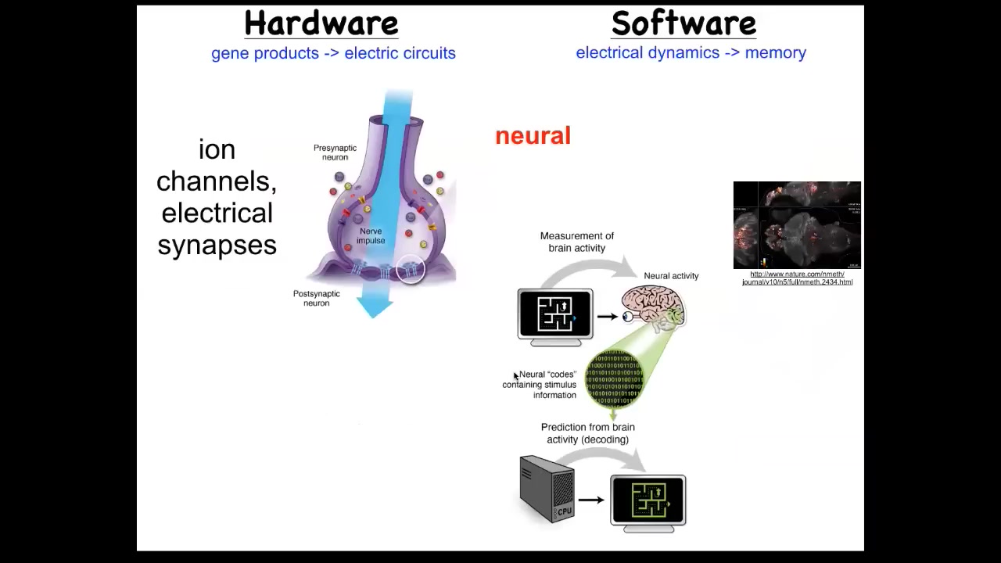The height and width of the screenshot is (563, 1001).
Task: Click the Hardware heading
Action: pyautogui.click(x=321, y=23)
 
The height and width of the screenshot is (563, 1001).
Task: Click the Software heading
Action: pyautogui.click(x=683, y=23)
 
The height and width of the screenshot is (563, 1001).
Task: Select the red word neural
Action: pyautogui.click(x=533, y=136)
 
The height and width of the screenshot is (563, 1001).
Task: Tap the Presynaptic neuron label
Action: pyautogui.click(x=335, y=152)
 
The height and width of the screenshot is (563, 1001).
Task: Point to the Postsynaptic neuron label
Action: pyautogui.click(x=316, y=298)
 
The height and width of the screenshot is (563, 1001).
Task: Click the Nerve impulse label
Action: pyautogui.click(x=371, y=236)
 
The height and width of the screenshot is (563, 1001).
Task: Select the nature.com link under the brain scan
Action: pyautogui.click(x=797, y=278)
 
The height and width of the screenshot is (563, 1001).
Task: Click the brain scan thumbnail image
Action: pyautogui.click(x=797, y=225)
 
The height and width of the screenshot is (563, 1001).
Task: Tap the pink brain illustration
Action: pyautogui.click(x=654, y=307)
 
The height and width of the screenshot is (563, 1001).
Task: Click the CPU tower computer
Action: pyautogui.click(x=547, y=489)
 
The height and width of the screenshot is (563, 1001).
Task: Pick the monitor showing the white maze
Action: pyautogui.click(x=555, y=316)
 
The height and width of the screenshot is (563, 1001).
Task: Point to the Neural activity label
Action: pyautogui.click(x=671, y=276)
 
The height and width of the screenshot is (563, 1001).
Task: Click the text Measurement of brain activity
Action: pyautogui.click(x=576, y=242)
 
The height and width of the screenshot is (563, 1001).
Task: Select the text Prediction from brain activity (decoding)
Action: pyautogui.click(x=588, y=433)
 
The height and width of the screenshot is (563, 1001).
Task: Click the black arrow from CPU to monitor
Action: pyautogui.click(x=591, y=500)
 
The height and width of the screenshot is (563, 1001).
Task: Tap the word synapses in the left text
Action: pyautogui.click(x=217, y=246)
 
